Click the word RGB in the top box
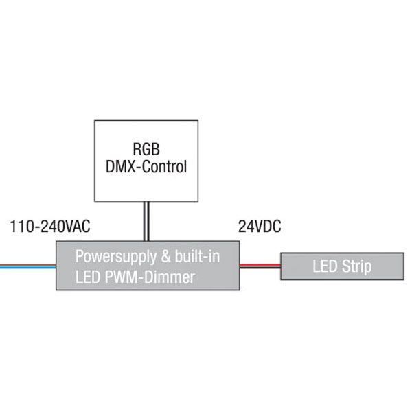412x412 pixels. (x=146, y=148)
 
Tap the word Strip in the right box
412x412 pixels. (x=357, y=266)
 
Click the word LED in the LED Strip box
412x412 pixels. (x=325, y=266)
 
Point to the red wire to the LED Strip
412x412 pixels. (x=260, y=264)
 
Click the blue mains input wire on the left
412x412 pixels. (x=27, y=268)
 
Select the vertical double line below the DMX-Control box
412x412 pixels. (x=146, y=221)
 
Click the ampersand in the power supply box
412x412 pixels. (x=163, y=257)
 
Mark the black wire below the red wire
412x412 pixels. (x=260, y=268)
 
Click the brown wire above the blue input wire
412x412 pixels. (x=27, y=266)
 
